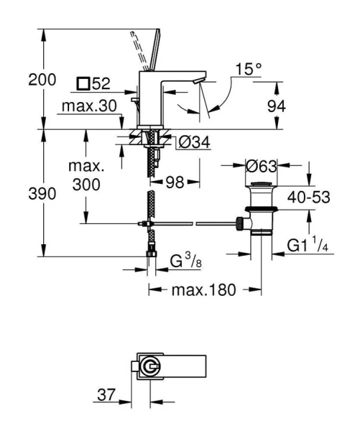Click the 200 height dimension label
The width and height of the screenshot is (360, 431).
pyautogui.click(x=42, y=80)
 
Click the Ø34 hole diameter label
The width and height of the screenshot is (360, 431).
pyautogui.click(x=193, y=143)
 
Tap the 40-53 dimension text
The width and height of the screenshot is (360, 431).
pyautogui.click(x=307, y=198)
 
